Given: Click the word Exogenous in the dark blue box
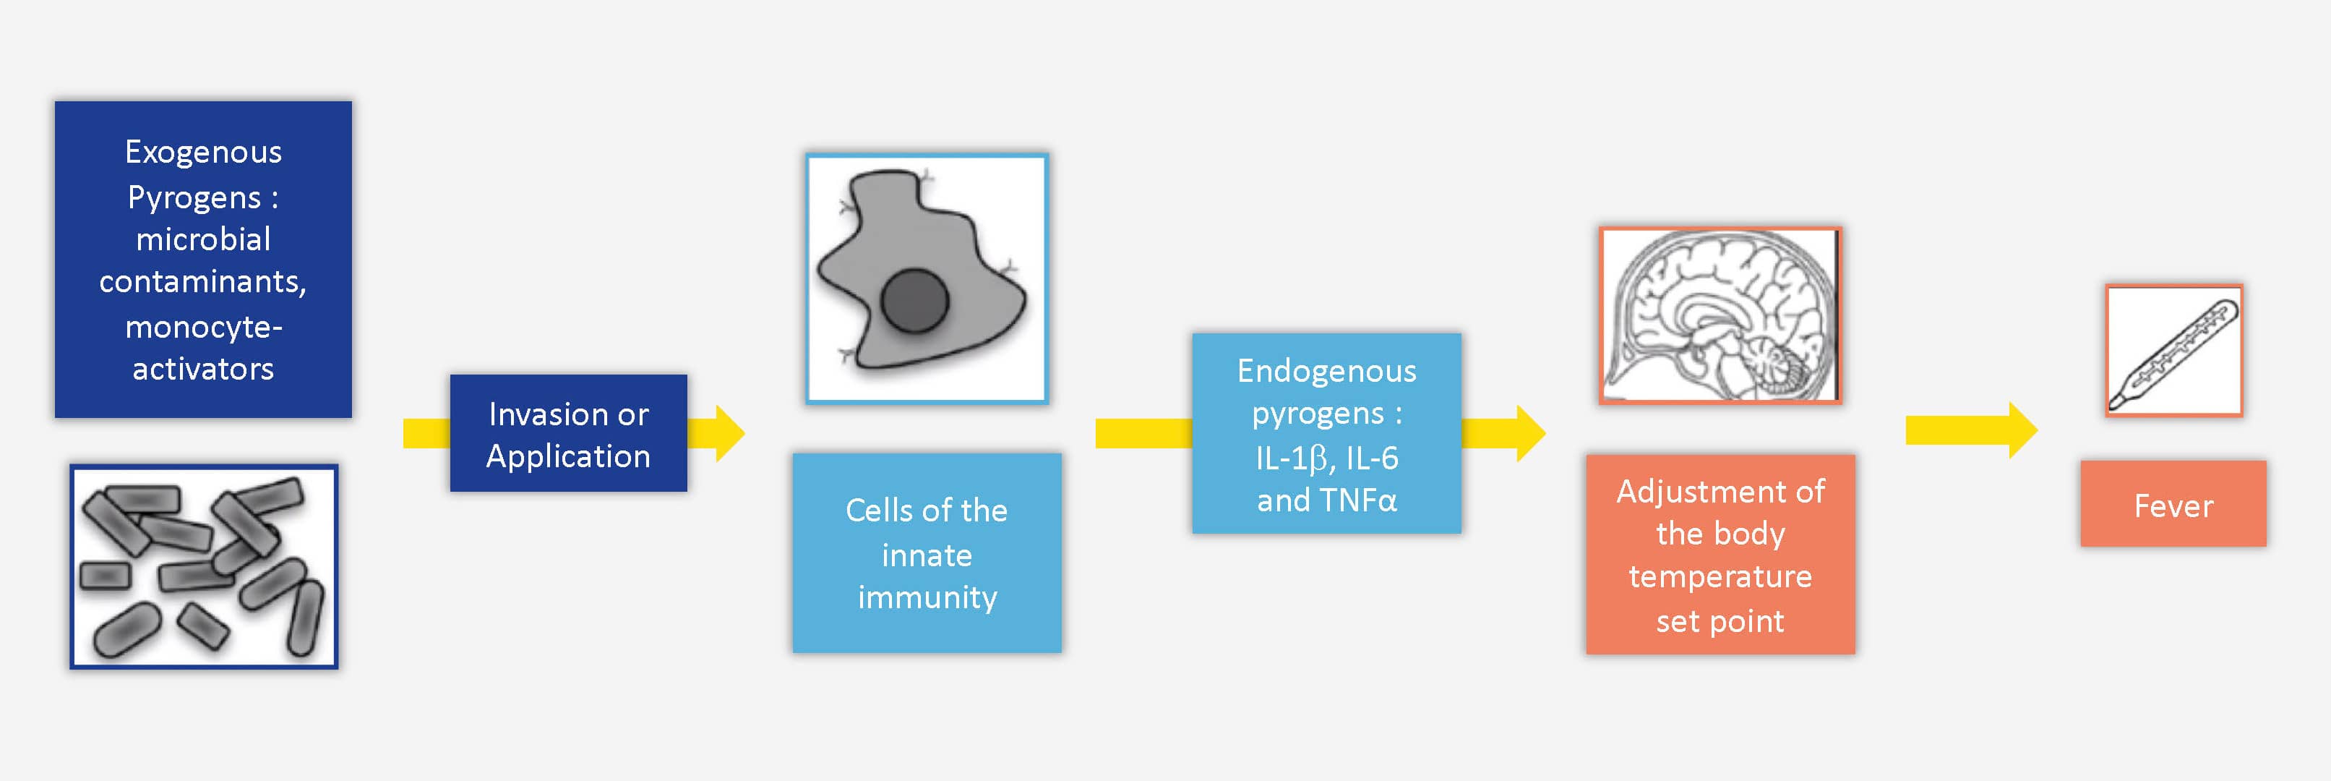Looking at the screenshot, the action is (204, 153).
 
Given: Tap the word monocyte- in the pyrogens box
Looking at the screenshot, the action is (204, 327).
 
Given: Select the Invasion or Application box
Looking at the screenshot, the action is (568, 433).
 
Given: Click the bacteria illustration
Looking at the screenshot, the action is (204, 566).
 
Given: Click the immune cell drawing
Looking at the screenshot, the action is (927, 278).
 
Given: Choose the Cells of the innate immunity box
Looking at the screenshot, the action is (927, 553).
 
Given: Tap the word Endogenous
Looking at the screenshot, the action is (1326, 371).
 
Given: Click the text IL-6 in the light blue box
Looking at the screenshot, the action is (1372, 458).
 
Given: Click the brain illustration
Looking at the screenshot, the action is (1720, 315).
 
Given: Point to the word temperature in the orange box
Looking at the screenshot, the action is (1720, 577).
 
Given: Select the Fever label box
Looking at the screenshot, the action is (2173, 504).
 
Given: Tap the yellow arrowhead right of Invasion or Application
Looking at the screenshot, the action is (730, 433).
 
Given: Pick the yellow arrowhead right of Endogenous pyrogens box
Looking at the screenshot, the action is (1531, 433).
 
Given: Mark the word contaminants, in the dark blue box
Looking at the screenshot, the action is (204, 282).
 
